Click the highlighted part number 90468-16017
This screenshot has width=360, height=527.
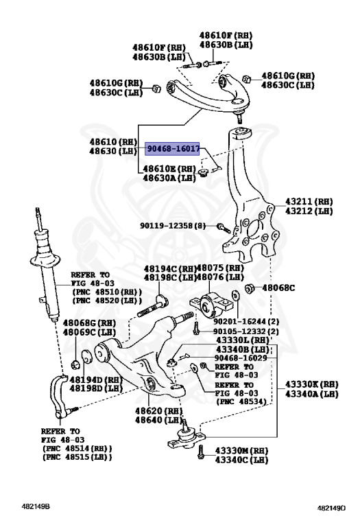(172, 148)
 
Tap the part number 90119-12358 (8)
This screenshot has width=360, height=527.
(172, 225)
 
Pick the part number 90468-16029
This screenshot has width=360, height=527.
(240, 358)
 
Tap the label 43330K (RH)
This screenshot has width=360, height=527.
(312, 384)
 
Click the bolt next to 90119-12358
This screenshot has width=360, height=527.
(222, 226)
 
